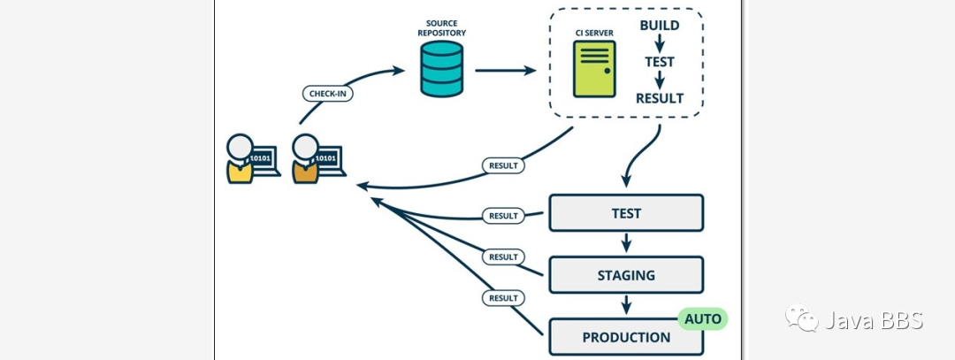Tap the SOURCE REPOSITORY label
443,27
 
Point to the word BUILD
660,26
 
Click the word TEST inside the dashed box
660,62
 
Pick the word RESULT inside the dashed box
660,98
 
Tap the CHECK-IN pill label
327,94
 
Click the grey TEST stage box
626,213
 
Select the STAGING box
626,275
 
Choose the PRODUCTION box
626,337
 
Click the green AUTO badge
703,318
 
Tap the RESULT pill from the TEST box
503,216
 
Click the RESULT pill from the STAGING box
503,257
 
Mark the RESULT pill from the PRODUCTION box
503,298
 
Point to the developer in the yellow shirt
241,160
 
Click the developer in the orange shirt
306,160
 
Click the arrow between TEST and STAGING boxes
626,243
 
